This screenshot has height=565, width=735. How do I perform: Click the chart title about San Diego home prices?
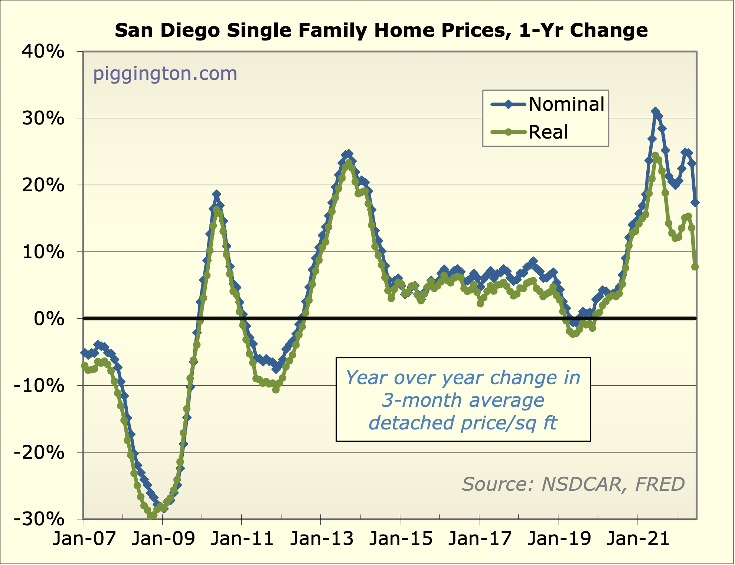point(381,30)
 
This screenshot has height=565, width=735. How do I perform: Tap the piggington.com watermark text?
point(165,74)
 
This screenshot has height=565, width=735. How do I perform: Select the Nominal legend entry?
point(548,104)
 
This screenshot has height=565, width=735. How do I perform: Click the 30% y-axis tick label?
point(43,118)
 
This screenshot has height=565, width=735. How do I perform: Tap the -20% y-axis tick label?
point(39,452)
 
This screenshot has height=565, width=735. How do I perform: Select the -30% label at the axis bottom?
point(39,519)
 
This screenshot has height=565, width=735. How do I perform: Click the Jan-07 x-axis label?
point(84,539)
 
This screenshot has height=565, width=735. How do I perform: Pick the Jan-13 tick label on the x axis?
point(322,539)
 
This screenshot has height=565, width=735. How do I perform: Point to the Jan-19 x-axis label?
point(559,539)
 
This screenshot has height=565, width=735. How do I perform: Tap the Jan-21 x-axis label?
point(638,539)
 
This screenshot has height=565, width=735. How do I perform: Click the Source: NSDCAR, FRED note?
point(573,484)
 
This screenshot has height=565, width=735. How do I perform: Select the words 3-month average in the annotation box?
point(463,400)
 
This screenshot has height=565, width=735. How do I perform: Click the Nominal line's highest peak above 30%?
point(655,112)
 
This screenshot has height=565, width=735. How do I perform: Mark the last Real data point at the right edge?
point(695,267)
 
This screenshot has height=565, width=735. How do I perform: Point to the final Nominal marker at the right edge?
point(695,202)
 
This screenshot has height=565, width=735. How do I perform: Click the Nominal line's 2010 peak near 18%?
point(217,194)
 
